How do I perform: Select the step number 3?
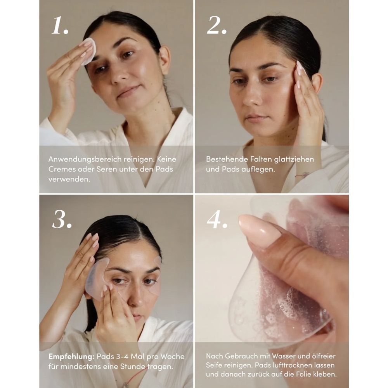(x=61, y=220)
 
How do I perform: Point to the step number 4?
(x=216, y=220)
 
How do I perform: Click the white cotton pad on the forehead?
(x=89, y=50)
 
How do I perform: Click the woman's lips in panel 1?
(x=128, y=92)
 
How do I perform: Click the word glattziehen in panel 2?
(x=292, y=159)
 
